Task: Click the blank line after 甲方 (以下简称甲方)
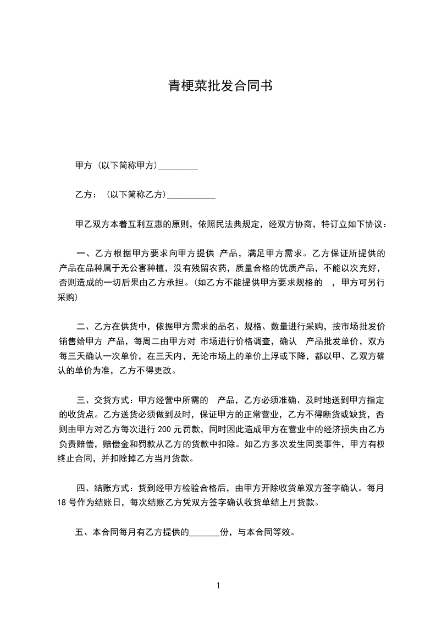tap(178, 166)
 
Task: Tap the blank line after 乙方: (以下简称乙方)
tap(191, 195)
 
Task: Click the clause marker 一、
tap(85, 254)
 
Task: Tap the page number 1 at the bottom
tap(218, 586)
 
